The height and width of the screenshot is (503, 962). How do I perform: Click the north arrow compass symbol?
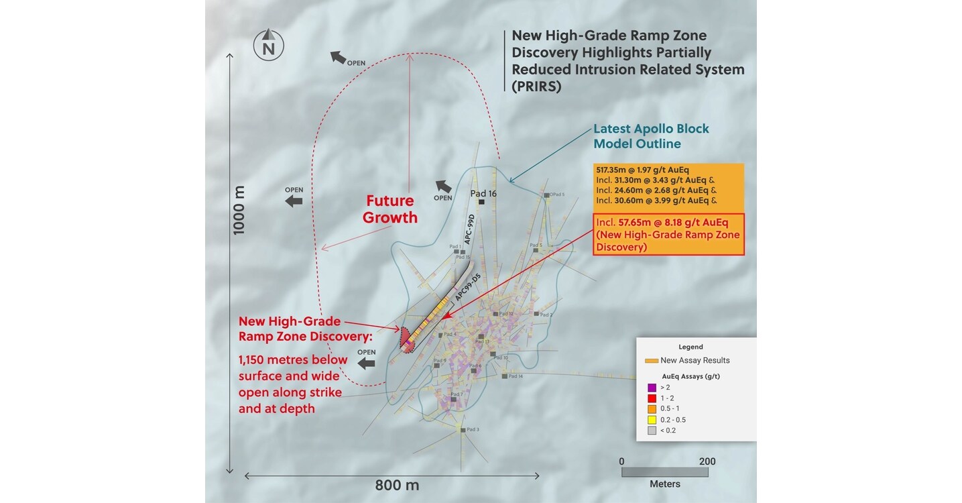(268, 45)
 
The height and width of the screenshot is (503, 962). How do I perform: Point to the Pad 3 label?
(473, 429)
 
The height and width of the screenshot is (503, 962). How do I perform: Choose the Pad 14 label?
(516, 376)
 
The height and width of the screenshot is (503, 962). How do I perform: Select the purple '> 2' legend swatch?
(652, 388)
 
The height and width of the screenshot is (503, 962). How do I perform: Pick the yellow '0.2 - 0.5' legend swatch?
(652, 420)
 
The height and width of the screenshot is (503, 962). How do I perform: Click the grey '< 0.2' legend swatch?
(652, 431)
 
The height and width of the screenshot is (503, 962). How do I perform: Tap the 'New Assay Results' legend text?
(695, 360)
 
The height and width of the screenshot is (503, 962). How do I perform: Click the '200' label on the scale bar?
(707, 461)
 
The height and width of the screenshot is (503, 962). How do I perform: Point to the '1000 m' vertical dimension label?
(239, 209)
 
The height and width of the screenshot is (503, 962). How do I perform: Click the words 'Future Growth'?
(390, 209)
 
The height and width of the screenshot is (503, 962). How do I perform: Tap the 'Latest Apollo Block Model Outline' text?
(651, 136)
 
